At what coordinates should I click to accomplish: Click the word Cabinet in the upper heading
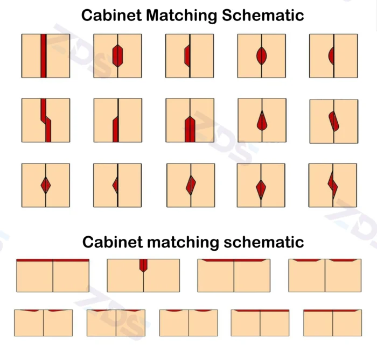(x=111, y=16)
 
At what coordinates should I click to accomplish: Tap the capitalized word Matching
(x=181, y=16)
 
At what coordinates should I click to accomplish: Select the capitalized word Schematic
(x=263, y=16)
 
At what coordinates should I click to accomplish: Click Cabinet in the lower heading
(x=113, y=242)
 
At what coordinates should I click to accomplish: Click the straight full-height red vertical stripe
(x=43, y=56)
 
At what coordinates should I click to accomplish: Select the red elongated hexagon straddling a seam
(x=117, y=56)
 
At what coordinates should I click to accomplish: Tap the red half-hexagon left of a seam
(x=187, y=56)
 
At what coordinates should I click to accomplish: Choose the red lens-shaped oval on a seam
(x=262, y=56)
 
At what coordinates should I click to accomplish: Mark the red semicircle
(x=331, y=56)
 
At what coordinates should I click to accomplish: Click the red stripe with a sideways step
(x=46, y=120)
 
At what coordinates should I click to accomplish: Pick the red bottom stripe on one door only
(x=115, y=129)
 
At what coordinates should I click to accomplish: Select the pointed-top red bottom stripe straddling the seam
(x=190, y=129)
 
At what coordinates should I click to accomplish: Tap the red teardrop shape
(x=262, y=121)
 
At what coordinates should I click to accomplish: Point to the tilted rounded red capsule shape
(x=334, y=121)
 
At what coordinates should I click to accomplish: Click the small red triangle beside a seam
(x=115, y=185)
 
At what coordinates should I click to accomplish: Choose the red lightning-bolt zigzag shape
(x=332, y=185)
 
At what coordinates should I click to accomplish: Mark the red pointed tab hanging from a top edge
(x=143, y=265)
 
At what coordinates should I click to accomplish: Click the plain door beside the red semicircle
(x=346, y=56)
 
